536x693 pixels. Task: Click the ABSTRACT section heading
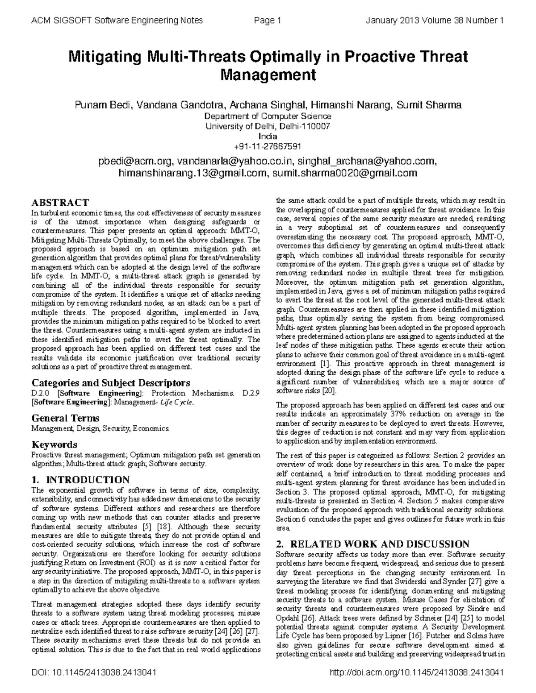point(60,203)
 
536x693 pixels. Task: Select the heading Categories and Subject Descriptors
point(111,383)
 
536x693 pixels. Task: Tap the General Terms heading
point(65,418)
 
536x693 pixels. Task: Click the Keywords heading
point(54,444)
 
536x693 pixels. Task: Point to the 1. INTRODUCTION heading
point(80,480)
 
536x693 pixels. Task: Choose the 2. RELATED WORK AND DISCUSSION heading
point(373,544)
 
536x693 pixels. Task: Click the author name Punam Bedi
point(103,105)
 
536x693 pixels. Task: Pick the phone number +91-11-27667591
point(268,146)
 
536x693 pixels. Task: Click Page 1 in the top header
point(267,21)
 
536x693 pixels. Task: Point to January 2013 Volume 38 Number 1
point(435,21)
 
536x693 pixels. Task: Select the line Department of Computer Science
point(268,116)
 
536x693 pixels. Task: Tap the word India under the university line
point(268,136)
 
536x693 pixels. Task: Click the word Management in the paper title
point(268,75)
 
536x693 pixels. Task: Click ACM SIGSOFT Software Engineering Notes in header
point(117,21)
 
